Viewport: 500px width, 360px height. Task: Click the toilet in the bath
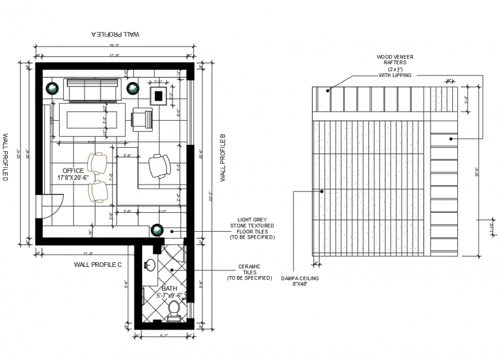(x=174, y=311)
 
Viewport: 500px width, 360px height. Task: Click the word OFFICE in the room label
(x=73, y=171)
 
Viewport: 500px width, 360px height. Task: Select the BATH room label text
(x=170, y=289)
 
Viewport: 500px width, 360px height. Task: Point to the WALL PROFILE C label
(x=98, y=265)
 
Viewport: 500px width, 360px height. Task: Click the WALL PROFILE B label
(x=223, y=158)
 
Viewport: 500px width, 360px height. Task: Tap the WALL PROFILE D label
(x=5, y=157)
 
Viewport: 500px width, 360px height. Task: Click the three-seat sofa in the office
(x=93, y=90)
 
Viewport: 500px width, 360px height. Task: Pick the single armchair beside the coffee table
(x=143, y=119)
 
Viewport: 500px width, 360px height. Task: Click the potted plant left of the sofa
(x=52, y=88)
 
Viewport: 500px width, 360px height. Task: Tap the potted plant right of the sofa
(x=133, y=88)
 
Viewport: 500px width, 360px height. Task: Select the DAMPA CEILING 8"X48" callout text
(x=299, y=281)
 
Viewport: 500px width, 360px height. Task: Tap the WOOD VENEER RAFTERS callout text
(x=395, y=66)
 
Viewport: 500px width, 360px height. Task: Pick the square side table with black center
(x=159, y=95)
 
